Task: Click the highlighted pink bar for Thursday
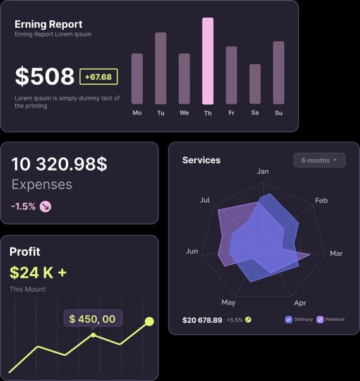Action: point(208,61)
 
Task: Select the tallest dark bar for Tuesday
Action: point(160,68)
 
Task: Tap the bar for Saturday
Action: point(255,84)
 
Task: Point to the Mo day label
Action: point(137,113)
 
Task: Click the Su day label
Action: point(279,113)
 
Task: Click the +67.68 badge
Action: point(99,77)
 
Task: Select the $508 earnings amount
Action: point(45,76)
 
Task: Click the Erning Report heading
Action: point(48,25)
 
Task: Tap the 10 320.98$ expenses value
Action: point(59,164)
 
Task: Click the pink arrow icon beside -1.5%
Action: point(45,206)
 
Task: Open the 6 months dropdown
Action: point(319,160)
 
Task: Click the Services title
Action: point(201,160)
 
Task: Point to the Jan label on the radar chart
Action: point(263,171)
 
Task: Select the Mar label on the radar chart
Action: point(336,253)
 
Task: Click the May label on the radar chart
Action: point(229,303)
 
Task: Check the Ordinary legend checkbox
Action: point(289,320)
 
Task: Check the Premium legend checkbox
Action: point(320,320)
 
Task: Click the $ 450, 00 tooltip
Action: point(92,319)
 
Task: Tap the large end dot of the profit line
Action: point(149,322)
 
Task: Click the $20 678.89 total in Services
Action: point(202,320)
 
